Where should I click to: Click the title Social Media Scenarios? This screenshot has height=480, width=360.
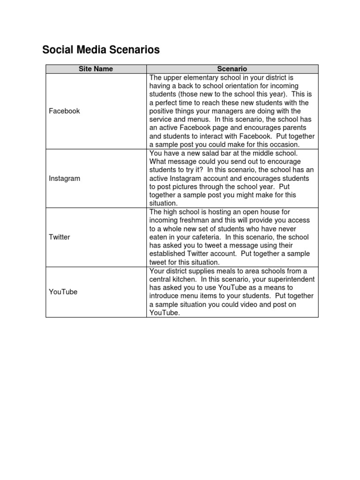pos(101,50)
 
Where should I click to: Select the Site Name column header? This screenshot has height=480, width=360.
pos(96,69)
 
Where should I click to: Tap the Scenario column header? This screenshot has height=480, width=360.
pos(232,69)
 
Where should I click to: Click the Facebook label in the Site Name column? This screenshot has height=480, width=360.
pos(64,111)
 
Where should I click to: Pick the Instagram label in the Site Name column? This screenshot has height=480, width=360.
pos(65,179)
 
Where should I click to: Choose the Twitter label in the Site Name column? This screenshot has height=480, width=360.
pos(60,237)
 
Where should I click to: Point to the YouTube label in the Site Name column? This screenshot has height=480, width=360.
pos(63,292)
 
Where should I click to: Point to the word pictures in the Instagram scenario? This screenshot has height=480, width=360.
pos(197,187)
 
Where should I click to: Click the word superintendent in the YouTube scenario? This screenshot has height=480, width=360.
pos(289,279)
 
